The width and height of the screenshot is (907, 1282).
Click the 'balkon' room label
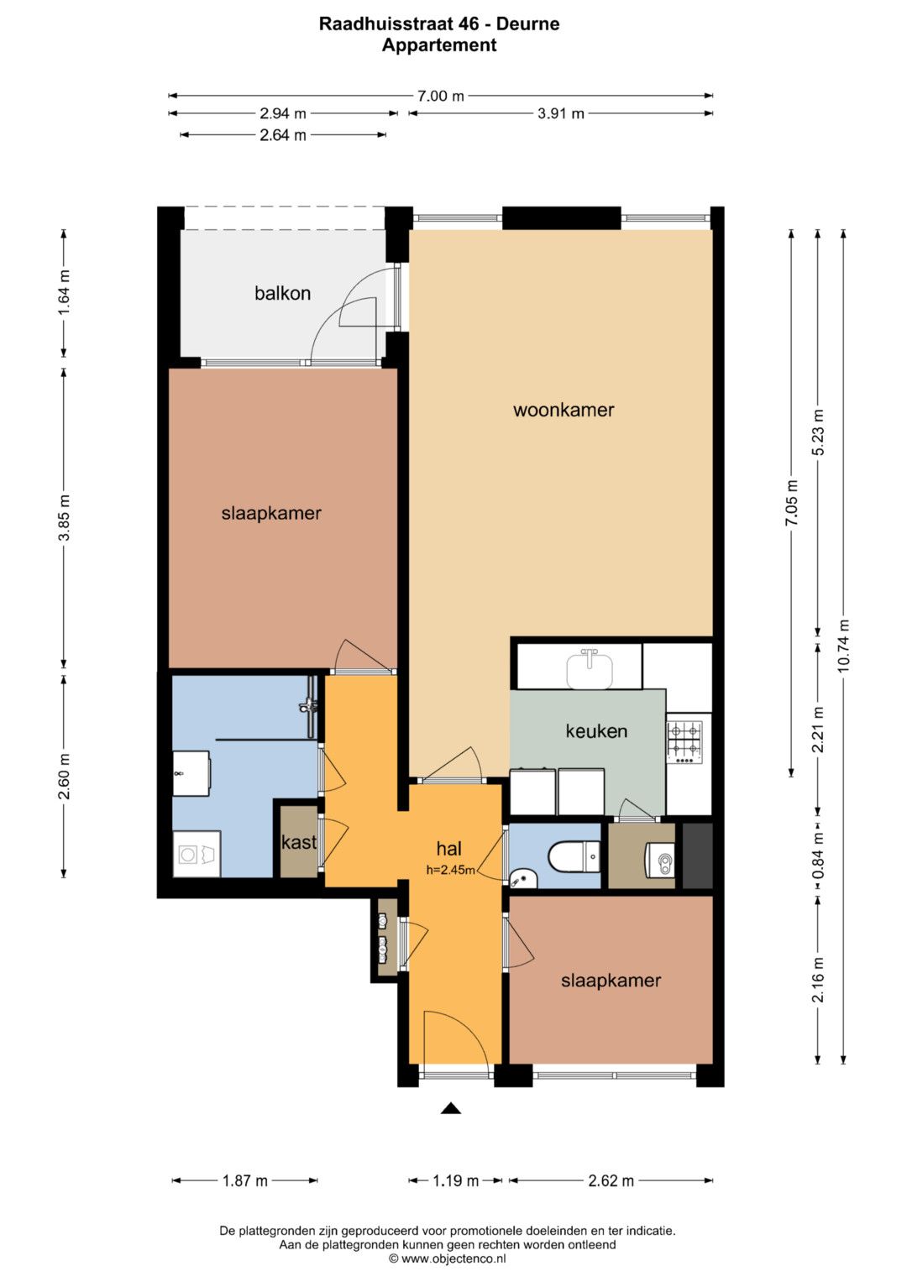tap(282, 294)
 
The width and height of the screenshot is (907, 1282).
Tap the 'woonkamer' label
tap(564, 410)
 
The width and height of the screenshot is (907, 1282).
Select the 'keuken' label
tap(596, 731)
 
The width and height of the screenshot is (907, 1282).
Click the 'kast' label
tap(299, 842)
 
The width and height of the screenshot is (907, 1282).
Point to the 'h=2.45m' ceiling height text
tap(450, 871)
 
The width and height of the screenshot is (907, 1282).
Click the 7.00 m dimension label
tap(440, 96)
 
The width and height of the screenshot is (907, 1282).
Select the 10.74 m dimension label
tap(843, 646)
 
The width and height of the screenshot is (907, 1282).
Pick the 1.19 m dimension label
tap(455, 1180)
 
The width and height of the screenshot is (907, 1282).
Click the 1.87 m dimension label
tap(244, 1180)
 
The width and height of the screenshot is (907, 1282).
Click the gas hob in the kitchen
tap(684, 742)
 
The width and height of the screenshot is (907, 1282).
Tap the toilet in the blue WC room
tap(574, 856)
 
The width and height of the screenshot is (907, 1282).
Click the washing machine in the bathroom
tap(197, 854)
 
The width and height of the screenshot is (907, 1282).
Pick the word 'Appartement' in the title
tap(439, 44)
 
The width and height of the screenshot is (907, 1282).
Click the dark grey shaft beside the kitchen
tap(697, 856)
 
